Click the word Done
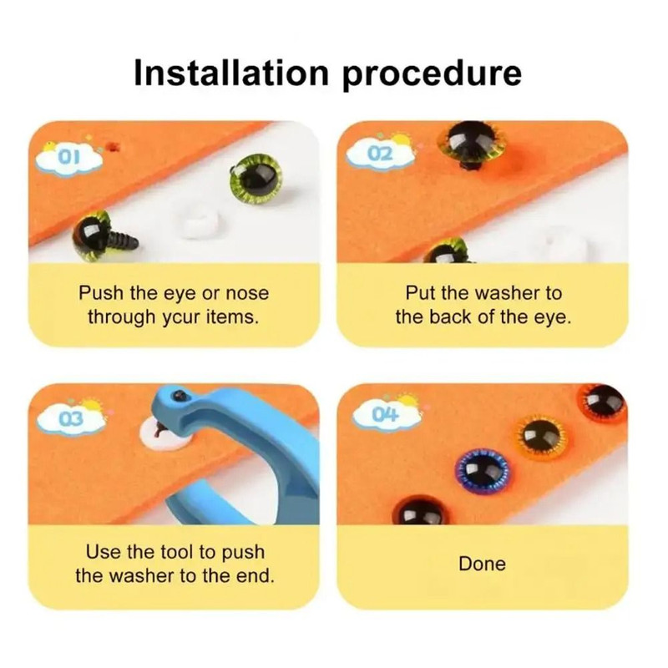[482, 564]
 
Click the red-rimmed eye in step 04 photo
[603, 402]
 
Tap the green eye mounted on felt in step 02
[470, 142]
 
